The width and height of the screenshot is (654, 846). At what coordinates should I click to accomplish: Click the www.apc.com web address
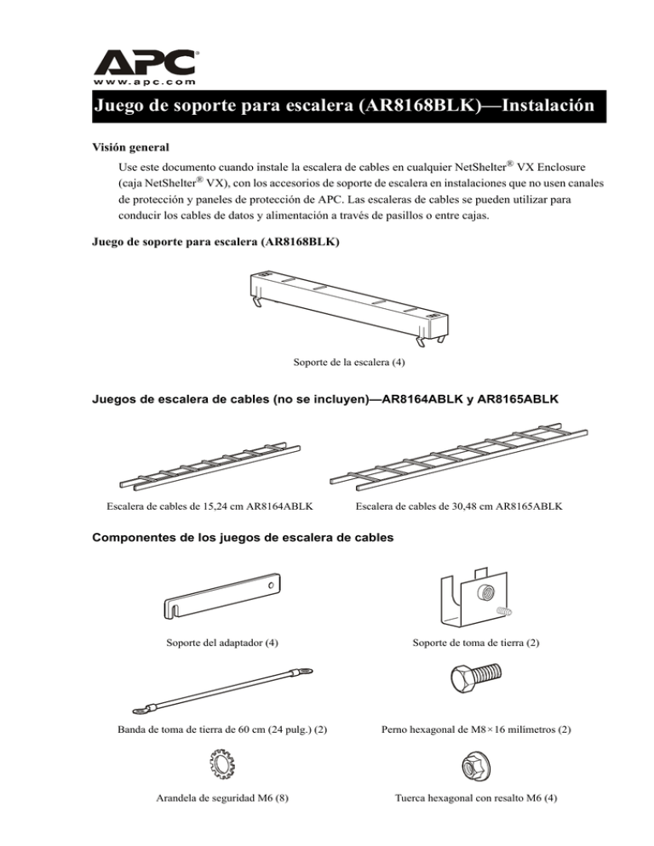coord(144,82)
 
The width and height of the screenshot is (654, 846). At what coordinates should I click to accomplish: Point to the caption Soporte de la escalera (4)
coord(348,363)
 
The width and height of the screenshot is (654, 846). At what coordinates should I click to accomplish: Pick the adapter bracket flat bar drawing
coord(222,598)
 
